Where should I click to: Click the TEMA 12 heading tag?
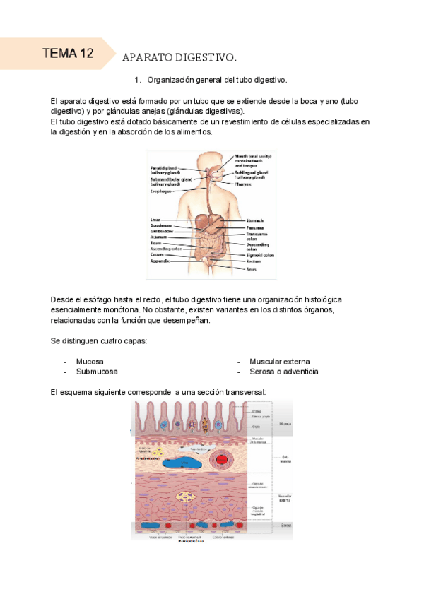click(x=68, y=54)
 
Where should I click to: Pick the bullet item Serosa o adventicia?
click(x=283, y=372)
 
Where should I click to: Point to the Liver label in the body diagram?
click(x=155, y=220)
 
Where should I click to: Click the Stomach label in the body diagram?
click(x=254, y=220)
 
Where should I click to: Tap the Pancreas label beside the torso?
click(x=255, y=228)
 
